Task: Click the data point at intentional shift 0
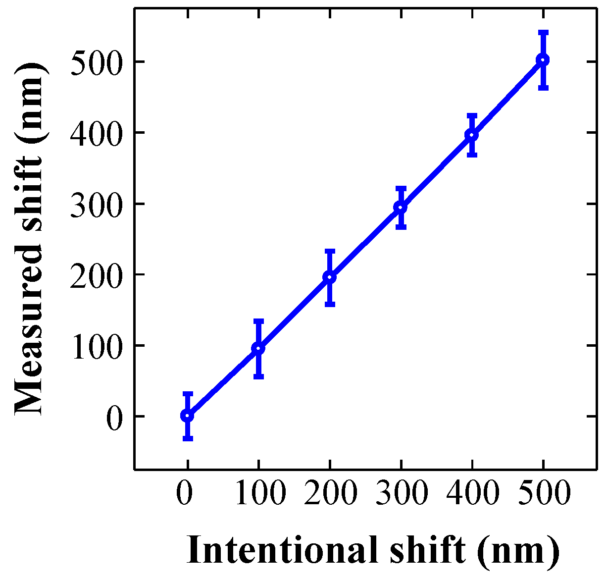pyautogui.click(x=187, y=415)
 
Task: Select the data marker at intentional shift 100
pyautogui.click(x=258, y=348)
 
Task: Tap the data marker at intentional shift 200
pyautogui.click(x=329, y=277)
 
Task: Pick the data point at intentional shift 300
pyautogui.click(x=401, y=208)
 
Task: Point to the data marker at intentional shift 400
pyautogui.click(x=472, y=135)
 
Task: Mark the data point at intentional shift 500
pyautogui.click(x=543, y=60)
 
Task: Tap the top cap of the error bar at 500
pyautogui.click(x=543, y=32)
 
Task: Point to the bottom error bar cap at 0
pyautogui.click(x=187, y=438)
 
